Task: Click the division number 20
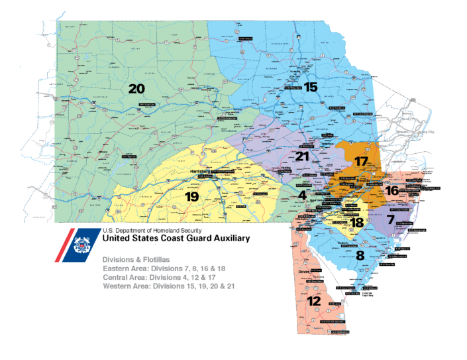136,89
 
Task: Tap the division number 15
311,86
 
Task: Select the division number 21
303,156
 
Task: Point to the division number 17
361,161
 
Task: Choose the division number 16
392,190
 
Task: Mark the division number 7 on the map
391,219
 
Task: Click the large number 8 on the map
360,255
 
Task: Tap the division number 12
315,301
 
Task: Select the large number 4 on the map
301,195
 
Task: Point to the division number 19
191,197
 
